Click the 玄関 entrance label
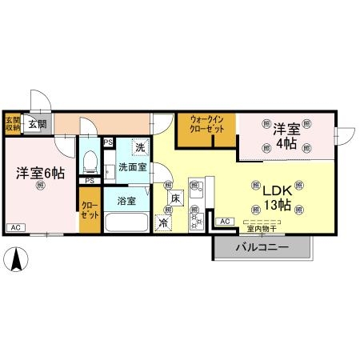pos(37,123)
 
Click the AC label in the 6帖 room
pos(14,227)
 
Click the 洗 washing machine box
pos(140,147)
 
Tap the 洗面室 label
pos(132,168)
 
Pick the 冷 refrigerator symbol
pos(162,223)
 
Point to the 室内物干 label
pos(262,228)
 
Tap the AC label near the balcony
pos(224,221)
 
